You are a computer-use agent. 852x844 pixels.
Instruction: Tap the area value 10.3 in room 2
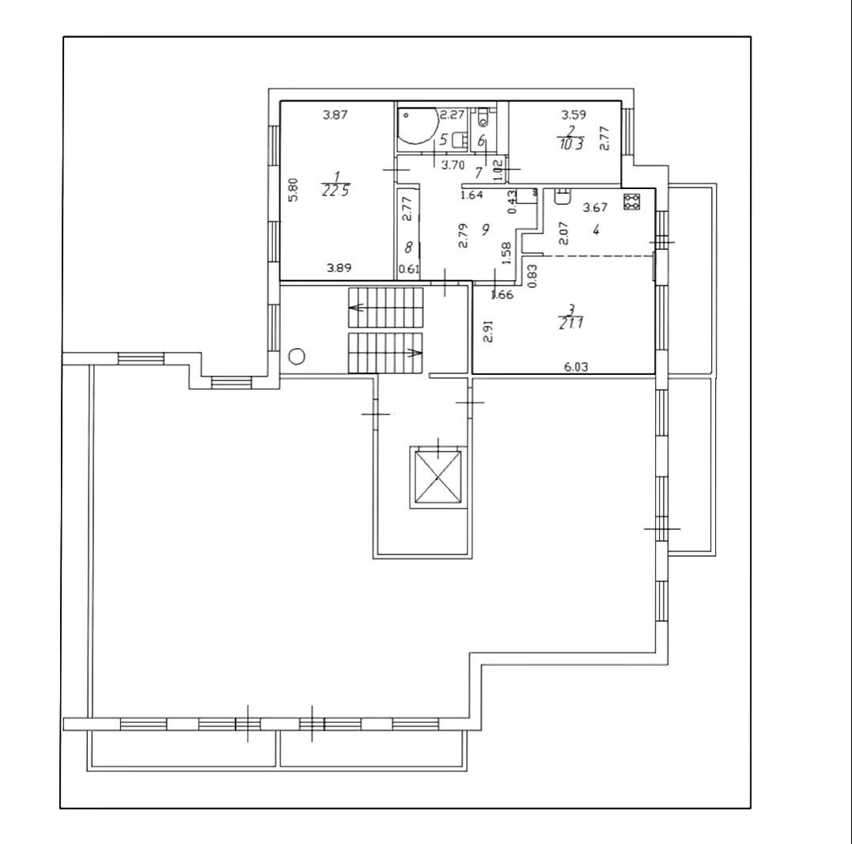(x=570, y=145)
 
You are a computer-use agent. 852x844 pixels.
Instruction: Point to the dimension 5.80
(x=293, y=191)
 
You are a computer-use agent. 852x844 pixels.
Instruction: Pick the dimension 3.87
(x=335, y=115)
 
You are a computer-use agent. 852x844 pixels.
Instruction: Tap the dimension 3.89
(x=339, y=268)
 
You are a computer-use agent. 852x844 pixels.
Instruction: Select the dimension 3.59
(x=573, y=115)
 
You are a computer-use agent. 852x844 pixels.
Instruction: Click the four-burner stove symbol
(x=631, y=202)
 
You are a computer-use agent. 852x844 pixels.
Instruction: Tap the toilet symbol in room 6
(x=483, y=120)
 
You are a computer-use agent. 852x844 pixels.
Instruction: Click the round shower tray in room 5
(x=417, y=127)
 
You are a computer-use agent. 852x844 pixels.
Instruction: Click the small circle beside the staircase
(x=297, y=356)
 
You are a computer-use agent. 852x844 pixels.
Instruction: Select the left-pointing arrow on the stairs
(x=357, y=307)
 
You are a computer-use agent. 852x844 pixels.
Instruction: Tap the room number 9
(x=485, y=229)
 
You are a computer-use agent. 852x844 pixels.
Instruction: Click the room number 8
(x=408, y=248)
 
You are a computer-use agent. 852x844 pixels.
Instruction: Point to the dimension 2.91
(x=489, y=331)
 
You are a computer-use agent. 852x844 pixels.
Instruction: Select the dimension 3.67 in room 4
(x=595, y=208)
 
